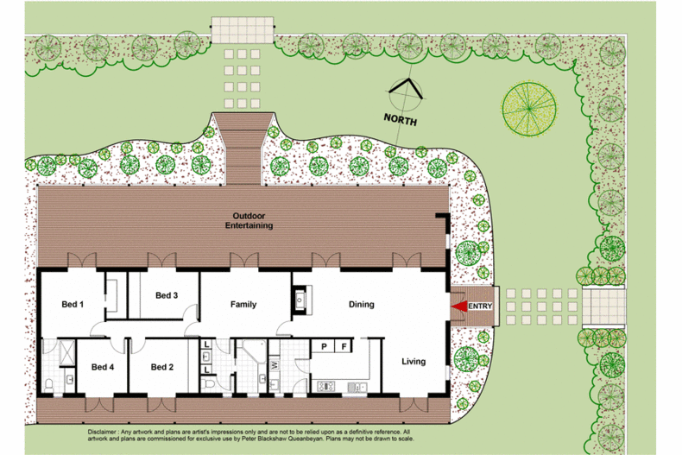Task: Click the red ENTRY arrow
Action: (x=459, y=306)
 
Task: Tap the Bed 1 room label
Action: (x=73, y=305)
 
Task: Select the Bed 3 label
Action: (x=167, y=295)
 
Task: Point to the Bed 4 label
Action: (x=103, y=367)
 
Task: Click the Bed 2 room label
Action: (x=162, y=367)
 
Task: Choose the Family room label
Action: (x=243, y=305)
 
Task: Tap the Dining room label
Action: (x=362, y=305)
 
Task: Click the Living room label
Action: (x=414, y=362)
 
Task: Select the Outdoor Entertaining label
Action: (x=249, y=220)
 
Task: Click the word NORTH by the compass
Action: (x=401, y=119)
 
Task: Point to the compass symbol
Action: (x=406, y=92)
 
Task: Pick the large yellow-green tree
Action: (x=529, y=109)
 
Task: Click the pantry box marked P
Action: (x=324, y=346)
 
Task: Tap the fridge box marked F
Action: (x=344, y=346)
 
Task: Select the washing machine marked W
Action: (x=275, y=364)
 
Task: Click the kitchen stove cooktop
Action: (x=325, y=386)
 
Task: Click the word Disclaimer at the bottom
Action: (x=102, y=432)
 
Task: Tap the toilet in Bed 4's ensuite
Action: (x=48, y=384)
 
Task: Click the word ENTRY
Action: (x=480, y=306)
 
